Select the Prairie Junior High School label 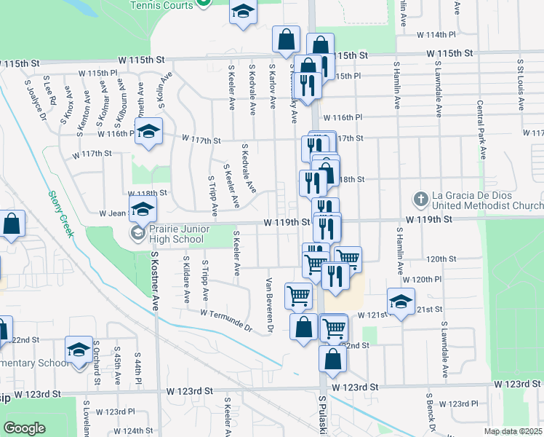(x=176, y=234)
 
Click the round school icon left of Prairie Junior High (x=137, y=234)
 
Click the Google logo (x=24, y=428)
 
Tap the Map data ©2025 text (x=513, y=431)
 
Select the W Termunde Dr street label (x=226, y=320)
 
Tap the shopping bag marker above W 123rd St (x=332, y=359)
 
